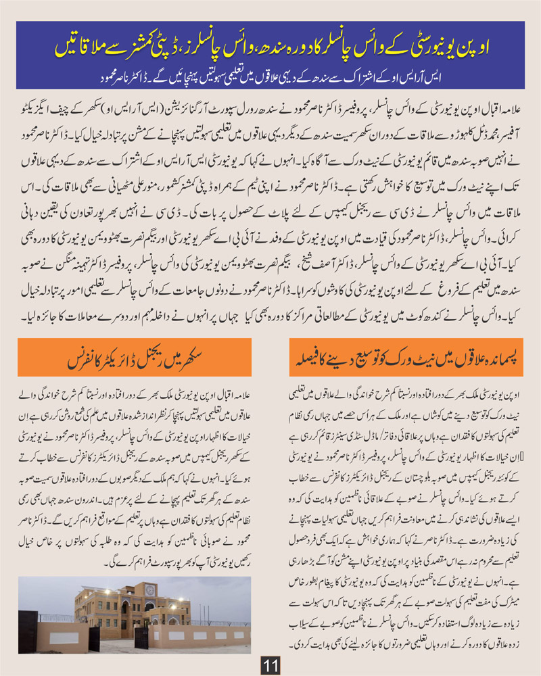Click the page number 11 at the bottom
pos(270,665)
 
